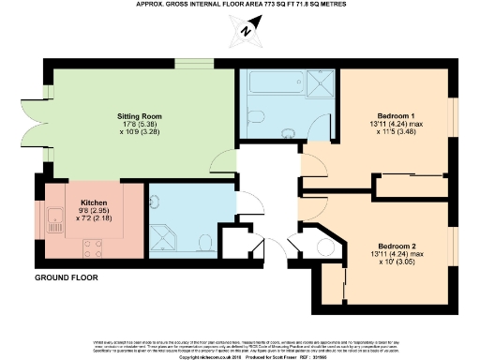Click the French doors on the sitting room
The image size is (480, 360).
coord(40,112)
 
